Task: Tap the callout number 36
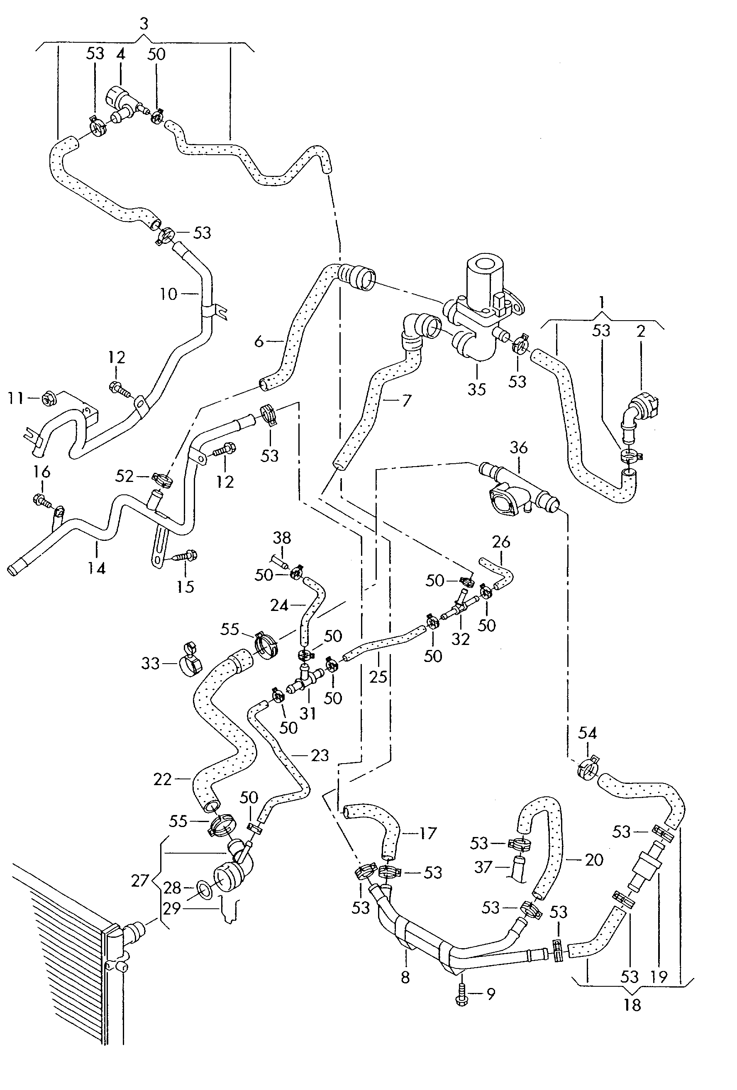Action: click(x=518, y=448)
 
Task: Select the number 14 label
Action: click(x=96, y=569)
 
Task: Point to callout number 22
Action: click(x=162, y=779)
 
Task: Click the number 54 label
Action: click(x=587, y=732)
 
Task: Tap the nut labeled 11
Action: click(x=49, y=399)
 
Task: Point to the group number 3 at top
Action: click(x=144, y=24)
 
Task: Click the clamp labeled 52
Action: click(x=162, y=479)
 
